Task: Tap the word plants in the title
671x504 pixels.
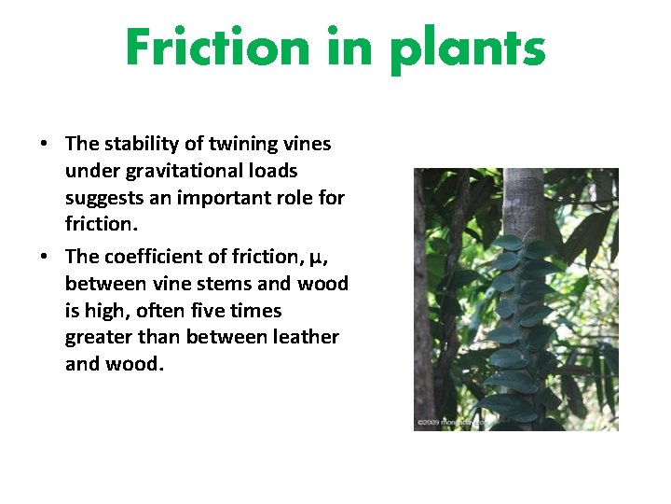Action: [x=468, y=49]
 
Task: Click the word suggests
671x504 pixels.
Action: [x=101, y=198]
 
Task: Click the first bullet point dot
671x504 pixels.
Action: [x=44, y=145]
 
